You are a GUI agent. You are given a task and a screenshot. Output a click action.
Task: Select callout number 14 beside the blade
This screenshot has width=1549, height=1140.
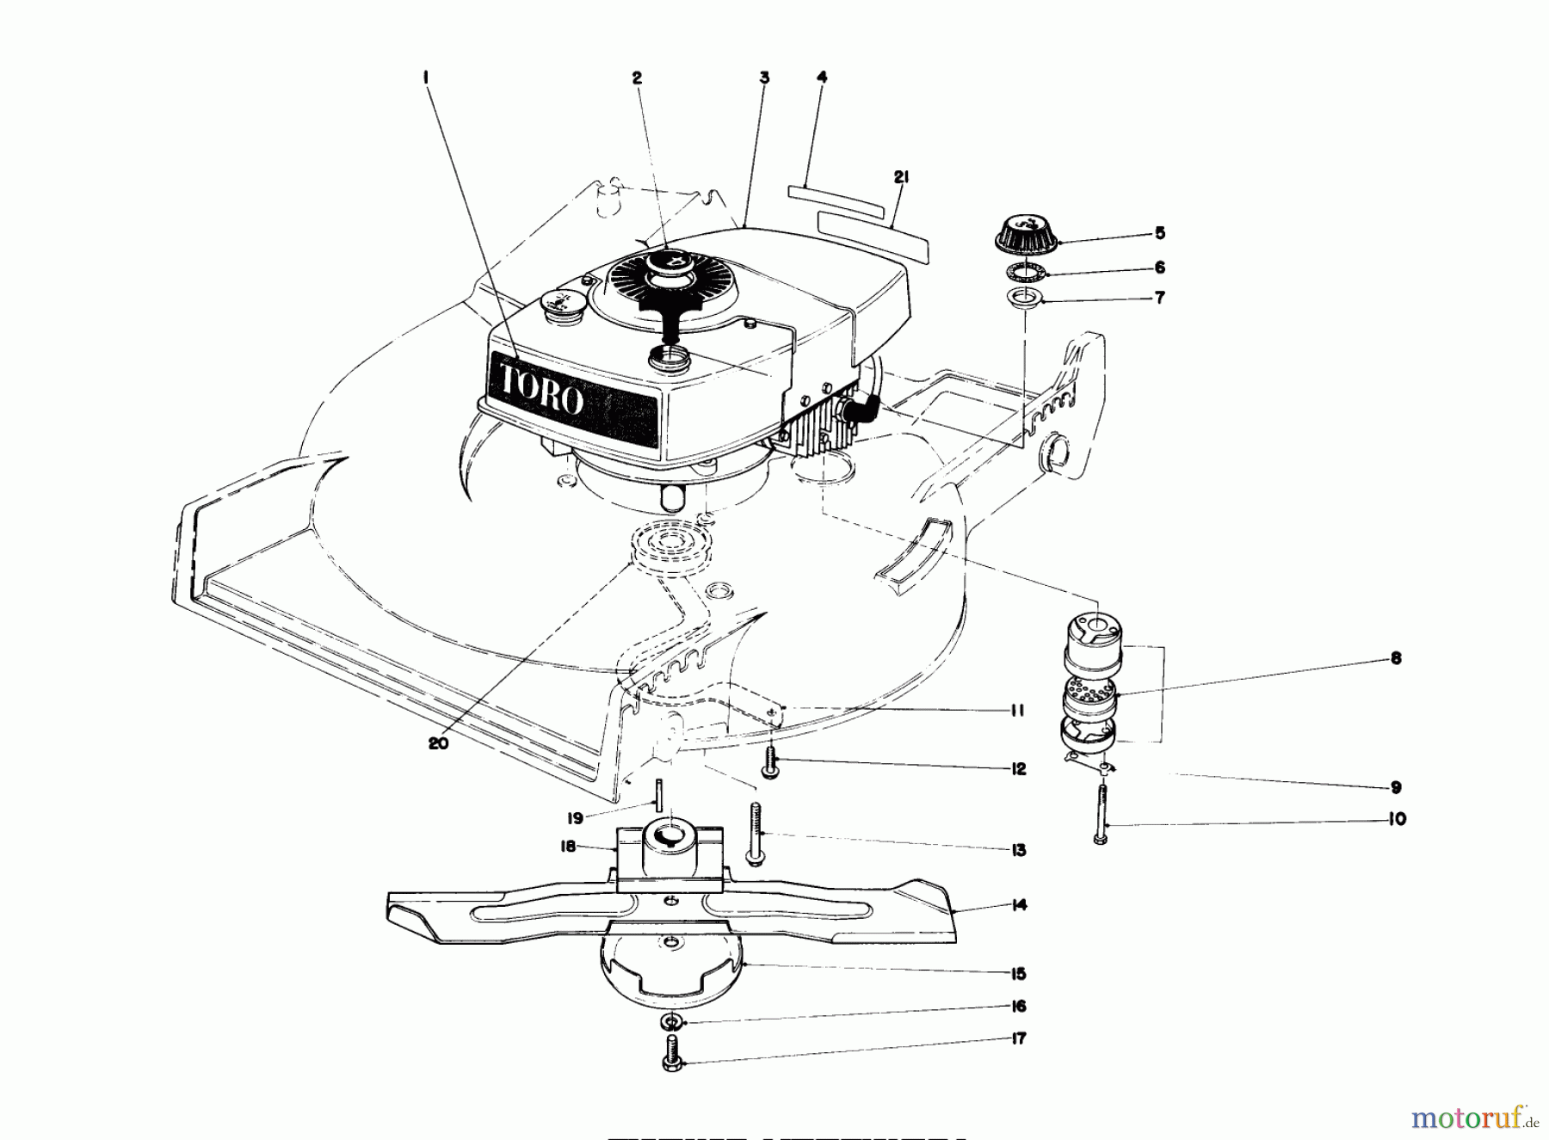pos(1019,905)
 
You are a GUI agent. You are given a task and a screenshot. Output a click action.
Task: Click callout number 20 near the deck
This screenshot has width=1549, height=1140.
pos(439,743)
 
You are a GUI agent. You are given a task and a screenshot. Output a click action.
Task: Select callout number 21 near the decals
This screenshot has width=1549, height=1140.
pos(901,177)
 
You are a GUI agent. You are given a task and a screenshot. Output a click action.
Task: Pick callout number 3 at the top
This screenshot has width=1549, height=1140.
pos(764,77)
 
